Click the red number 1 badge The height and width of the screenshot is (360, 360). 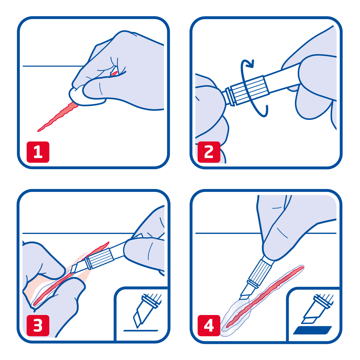point(38,152)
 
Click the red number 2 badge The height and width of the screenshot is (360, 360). point(209,152)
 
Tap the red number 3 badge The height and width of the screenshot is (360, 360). point(38,325)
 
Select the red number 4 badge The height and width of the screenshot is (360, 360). point(209,325)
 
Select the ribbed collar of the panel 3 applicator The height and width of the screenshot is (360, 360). point(99,258)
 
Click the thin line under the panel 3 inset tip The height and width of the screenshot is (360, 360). point(141,330)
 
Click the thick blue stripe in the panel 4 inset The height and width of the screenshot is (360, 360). point(312,330)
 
